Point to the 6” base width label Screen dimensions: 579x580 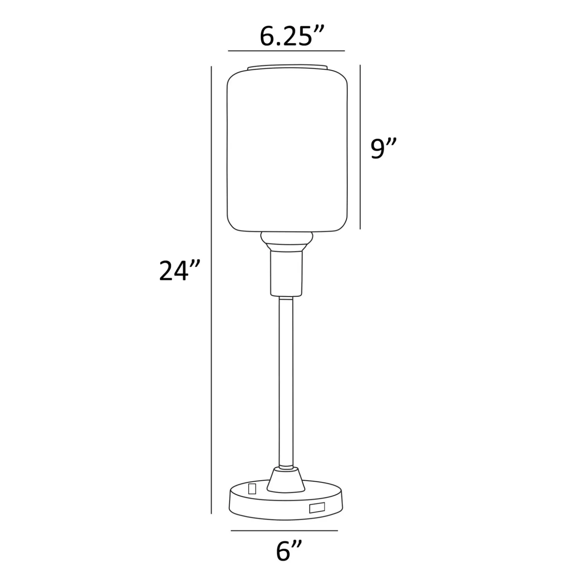pyautogui.click(x=289, y=551)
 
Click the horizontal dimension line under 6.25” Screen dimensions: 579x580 pyautogui.click(x=287, y=51)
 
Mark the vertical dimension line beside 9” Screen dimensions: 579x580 pyautogui.click(x=360, y=147)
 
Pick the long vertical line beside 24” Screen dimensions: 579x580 pyautogui.click(x=212, y=290)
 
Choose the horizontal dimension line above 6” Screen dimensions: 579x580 pyautogui.click(x=284, y=531)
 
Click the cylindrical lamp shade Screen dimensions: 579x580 pyautogui.click(x=287, y=150)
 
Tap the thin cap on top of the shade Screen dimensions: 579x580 pyautogui.click(x=288, y=67)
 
